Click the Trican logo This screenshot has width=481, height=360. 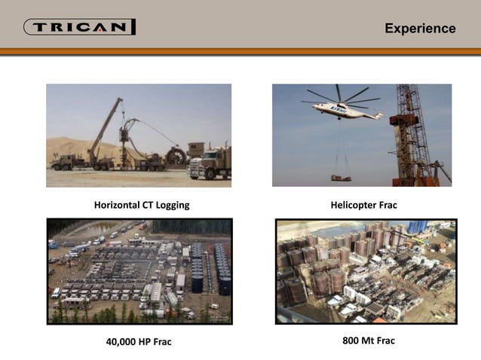(x=80, y=28)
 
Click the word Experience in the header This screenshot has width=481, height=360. (x=420, y=29)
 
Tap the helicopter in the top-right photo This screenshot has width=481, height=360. (x=343, y=109)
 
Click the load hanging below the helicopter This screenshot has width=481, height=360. (x=341, y=178)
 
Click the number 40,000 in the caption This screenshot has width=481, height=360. (x=123, y=342)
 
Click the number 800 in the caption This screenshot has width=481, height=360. (x=351, y=341)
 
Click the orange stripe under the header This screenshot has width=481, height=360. (x=240, y=51)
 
